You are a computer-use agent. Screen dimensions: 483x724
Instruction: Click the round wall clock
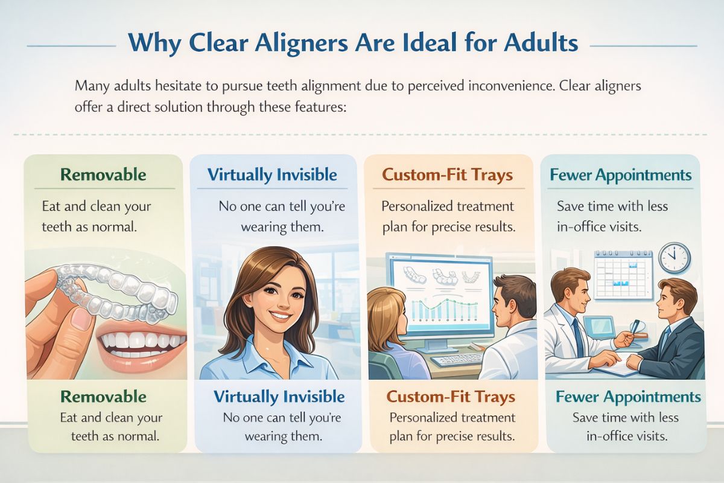tap(675, 257)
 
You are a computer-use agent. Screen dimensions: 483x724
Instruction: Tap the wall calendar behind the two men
tap(623, 275)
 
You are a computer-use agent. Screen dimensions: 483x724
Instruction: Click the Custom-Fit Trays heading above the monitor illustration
tap(447, 176)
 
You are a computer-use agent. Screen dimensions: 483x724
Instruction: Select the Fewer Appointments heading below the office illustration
tap(628, 397)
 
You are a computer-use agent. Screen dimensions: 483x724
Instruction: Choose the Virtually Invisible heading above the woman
tap(272, 175)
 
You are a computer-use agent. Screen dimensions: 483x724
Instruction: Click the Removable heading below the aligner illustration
tap(103, 397)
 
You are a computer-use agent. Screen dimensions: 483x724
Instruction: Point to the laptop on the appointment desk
tap(600, 328)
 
